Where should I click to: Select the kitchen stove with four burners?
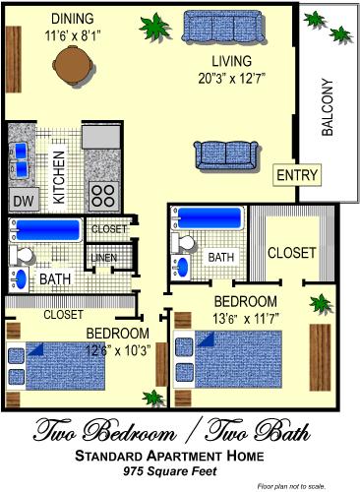[x=101, y=192]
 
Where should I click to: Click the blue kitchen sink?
[x=21, y=158]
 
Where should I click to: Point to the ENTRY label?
[x=297, y=175]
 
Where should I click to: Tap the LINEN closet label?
[x=102, y=259]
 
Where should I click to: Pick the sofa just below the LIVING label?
[x=225, y=155]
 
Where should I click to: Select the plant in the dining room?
[x=152, y=23]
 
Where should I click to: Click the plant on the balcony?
[x=315, y=20]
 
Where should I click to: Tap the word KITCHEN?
[x=58, y=177]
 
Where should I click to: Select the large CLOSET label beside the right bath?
[x=291, y=253]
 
